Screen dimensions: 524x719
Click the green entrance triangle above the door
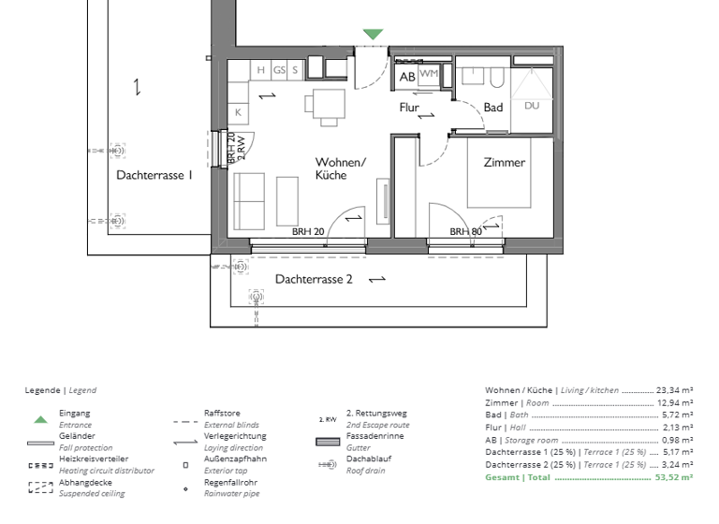373,35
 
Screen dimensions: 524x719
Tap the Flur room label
409,108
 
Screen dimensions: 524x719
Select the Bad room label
493,108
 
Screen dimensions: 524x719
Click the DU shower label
532,106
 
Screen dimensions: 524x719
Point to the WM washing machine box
429,74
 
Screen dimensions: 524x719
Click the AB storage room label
407,77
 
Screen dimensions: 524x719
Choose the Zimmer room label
505,162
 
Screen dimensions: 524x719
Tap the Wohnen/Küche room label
340,168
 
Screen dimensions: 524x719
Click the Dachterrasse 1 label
154,175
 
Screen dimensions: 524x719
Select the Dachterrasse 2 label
314,279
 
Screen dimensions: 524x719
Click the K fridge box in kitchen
239,112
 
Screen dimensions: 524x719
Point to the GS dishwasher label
279,70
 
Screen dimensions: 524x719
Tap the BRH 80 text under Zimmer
465,231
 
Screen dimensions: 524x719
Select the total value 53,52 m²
674,477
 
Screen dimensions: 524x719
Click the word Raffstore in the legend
222,413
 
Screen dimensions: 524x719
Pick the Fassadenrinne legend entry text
374,436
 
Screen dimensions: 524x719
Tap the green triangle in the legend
40,419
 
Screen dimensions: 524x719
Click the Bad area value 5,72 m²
676,415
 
